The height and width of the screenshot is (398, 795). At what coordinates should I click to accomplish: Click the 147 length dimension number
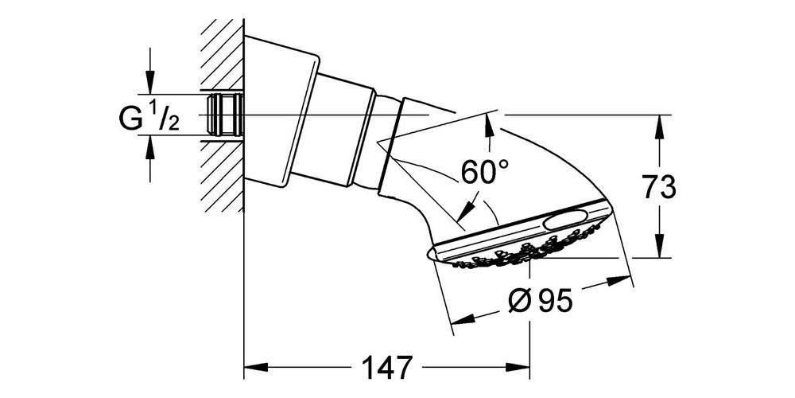pos(388,367)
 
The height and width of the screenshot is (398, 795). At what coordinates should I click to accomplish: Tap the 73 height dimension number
pos(660,186)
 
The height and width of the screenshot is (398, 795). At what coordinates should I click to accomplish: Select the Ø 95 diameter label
pos(541,302)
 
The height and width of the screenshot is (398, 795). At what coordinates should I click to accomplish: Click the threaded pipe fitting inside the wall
pos(226,115)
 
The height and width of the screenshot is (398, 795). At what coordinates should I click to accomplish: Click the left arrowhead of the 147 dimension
pos(256,367)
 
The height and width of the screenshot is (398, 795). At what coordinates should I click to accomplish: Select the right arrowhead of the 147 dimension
pos(518,367)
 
